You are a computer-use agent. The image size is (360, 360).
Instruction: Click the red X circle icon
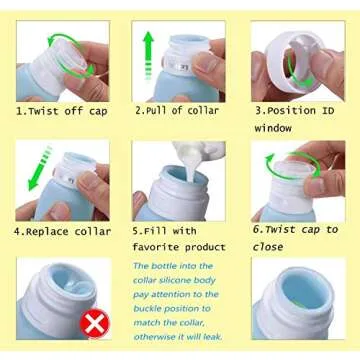tap(95, 322)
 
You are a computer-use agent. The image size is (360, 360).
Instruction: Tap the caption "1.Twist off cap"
tap(61, 111)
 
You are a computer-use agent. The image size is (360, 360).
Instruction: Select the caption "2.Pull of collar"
tap(176, 111)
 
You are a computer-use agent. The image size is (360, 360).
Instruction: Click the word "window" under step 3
tap(273, 128)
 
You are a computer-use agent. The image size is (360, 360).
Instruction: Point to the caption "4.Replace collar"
tap(62, 231)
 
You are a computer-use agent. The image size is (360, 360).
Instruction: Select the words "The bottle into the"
tap(173, 265)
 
